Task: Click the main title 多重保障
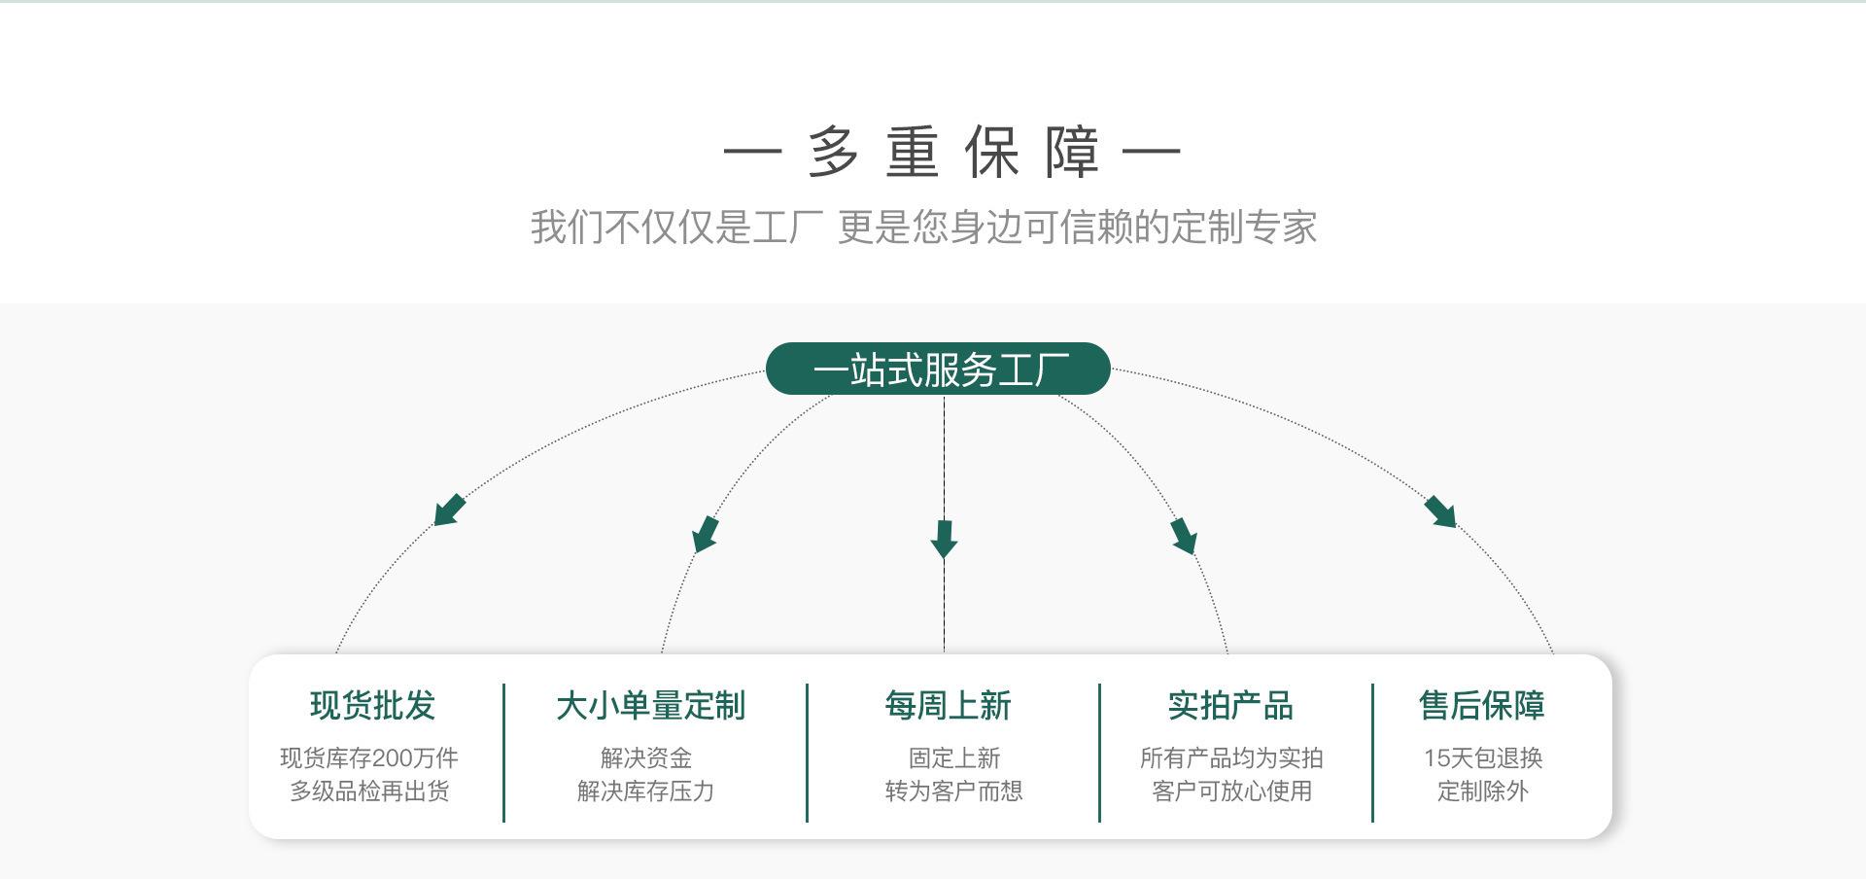pos(952,152)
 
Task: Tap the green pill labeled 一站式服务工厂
pos(938,369)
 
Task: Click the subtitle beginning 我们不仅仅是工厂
pos(923,228)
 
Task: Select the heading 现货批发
pos(372,706)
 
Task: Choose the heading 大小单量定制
pos(650,706)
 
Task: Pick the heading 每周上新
pos(948,706)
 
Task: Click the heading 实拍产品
pos(1230,706)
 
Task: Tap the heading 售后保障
pos(1481,706)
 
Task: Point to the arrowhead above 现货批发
pos(449,510)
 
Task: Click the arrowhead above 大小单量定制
pos(706,534)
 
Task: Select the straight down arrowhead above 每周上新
pos(944,539)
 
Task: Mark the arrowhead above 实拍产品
pos(1184,536)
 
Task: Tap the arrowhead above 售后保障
pos(1440,511)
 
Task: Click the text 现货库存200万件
pos(369,758)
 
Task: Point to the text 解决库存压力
pos(646,791)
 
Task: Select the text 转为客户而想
pos(953,791)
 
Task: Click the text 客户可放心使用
pos(1231,791)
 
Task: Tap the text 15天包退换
pos(1483,758)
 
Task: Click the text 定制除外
pos(1483,791)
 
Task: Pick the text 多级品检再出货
pos(369,791)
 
